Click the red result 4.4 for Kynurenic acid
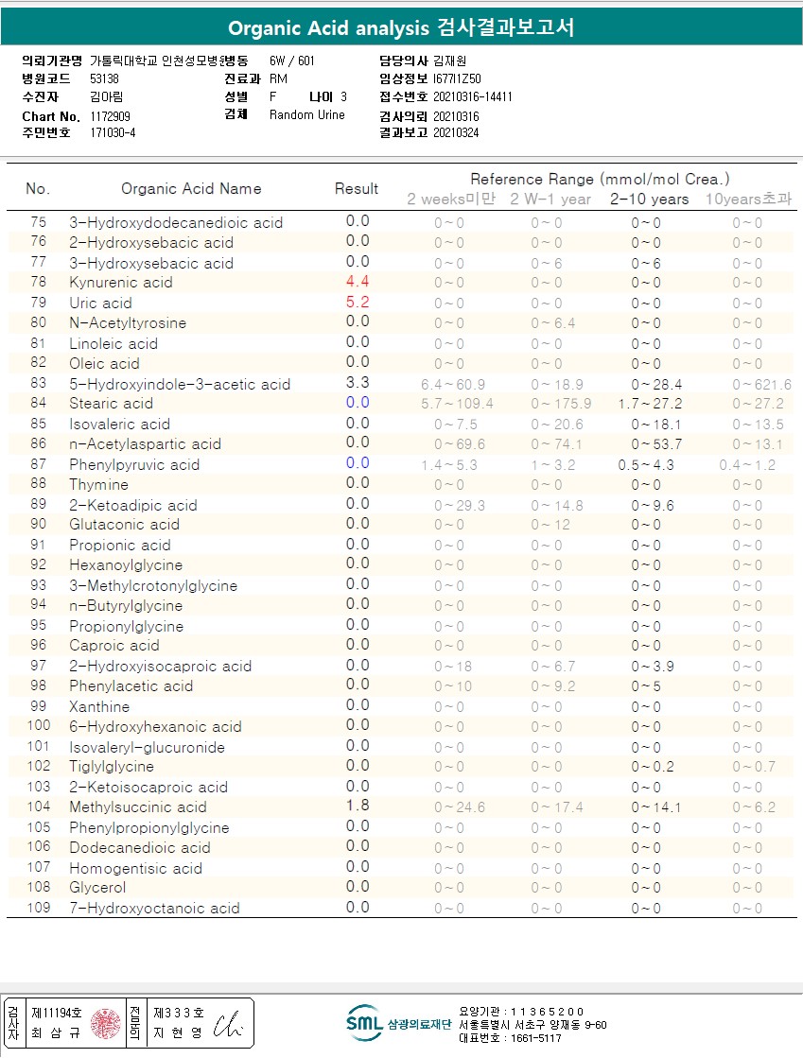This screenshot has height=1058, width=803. tap(358, 282)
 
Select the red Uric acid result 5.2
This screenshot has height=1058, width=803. tap(358, 303)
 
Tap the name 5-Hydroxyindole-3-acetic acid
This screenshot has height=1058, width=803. tap(180, 384)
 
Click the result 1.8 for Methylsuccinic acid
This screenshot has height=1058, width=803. tap(358, 806)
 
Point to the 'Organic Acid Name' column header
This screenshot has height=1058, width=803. tap(191, 188)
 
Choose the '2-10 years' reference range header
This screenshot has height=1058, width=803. tap(649, 199)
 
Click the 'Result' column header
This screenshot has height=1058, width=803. tap(357, 189)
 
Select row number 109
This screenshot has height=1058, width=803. tap(39, 908)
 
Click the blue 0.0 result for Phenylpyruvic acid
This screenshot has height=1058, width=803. tap(358, 463)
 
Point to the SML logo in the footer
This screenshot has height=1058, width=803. tap(363, 1022)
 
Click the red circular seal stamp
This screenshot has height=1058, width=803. tap(105, 1023)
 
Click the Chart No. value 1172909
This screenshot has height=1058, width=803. tap(111, 115)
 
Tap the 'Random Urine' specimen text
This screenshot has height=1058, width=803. tap(307, 115)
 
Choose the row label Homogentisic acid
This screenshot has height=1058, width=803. tap(135, 868)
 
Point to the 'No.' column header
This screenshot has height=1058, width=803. tap(38, 189)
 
